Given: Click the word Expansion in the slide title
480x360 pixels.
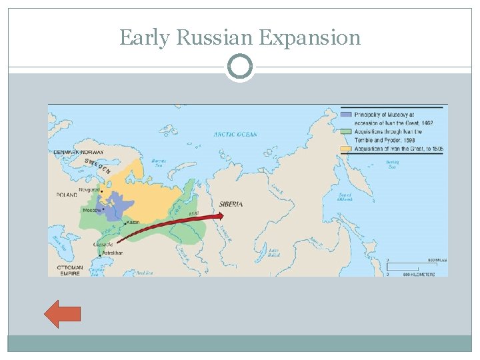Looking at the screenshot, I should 310,38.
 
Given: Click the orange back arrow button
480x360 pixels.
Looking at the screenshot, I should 62,313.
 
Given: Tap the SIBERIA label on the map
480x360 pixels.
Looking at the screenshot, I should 231,204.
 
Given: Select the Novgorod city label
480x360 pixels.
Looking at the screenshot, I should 90,189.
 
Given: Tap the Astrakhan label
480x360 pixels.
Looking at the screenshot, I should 113,253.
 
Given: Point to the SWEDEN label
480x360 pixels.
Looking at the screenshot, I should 97,165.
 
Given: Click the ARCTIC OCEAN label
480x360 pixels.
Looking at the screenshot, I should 235,135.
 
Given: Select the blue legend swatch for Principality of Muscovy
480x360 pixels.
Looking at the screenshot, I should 345,114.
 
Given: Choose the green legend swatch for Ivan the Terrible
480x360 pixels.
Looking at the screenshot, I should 345,132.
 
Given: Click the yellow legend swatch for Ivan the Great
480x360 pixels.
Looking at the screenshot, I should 345,148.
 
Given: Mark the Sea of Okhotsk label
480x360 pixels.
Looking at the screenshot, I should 344,197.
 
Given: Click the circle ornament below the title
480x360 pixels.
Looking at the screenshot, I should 240,67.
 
